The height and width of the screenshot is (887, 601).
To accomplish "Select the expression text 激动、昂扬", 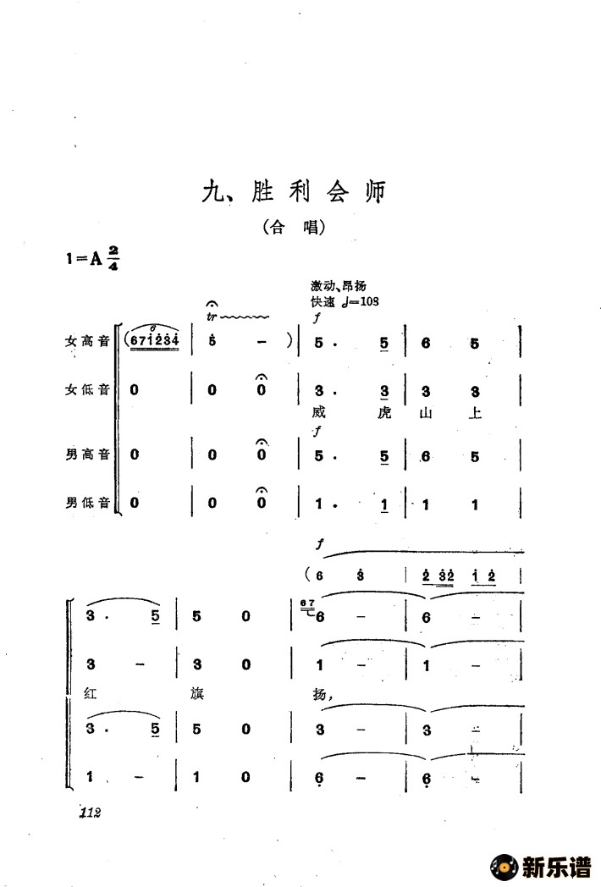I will tap(338, 288).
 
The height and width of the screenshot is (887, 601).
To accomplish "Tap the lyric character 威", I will tap(319, 413).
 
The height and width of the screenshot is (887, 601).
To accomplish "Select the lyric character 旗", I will tap(196, 692).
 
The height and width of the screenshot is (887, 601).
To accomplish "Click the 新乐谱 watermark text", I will tap(556, 867).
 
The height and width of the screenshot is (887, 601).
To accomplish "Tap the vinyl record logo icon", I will tap(503, 867).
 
